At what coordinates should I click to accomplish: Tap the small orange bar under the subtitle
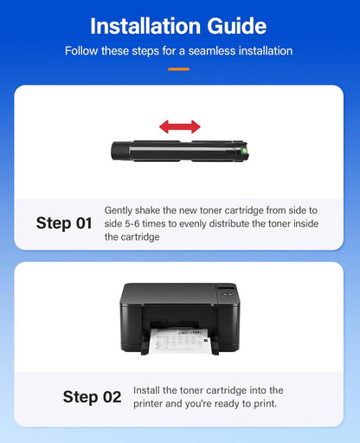click(x=179, y=68)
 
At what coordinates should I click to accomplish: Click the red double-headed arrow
click(x=179, y=126)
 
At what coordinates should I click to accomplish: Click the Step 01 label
click(x=64, y=223)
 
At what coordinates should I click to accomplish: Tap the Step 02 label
click(x=92, y=397)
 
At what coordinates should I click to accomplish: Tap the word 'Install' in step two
click(x=148, y=391)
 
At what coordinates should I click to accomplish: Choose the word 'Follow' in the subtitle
click(x=83, y=51)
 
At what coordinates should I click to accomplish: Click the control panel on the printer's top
click(x=225, y=292)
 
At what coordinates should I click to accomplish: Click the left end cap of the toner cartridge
click(x=116, y=151)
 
